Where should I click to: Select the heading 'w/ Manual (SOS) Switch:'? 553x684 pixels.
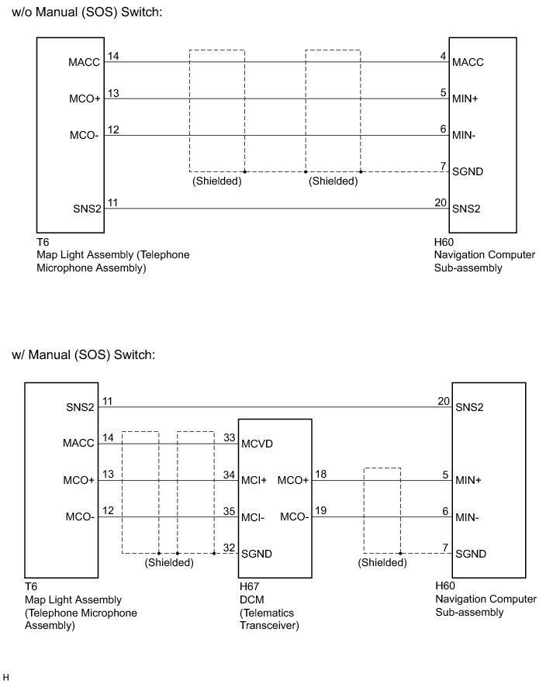[x=84, y=354]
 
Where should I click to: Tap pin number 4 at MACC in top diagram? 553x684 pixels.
[x=443, y=56]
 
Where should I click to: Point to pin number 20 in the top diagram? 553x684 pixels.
[x=441, y=202]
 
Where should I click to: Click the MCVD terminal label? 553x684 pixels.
[x=257, y=444]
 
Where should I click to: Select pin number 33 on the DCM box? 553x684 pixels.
[x=228, y=438]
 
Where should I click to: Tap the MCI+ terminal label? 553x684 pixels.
[x=254, y=480]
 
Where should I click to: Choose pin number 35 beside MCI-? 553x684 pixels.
[x=228, y=512]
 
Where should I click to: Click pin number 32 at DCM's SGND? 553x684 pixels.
[x=228, y=548]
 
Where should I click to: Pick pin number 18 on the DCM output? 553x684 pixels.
[x=320, y=475]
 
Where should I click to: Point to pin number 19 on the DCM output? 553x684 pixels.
[x=320, y=512]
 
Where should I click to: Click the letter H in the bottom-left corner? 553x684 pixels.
[x=6, y=677]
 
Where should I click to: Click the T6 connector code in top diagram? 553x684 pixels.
[x=43, y=242]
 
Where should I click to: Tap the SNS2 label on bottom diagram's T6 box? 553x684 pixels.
[x=80, y=407]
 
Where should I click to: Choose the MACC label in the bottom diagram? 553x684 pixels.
[x=78, y=444]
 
